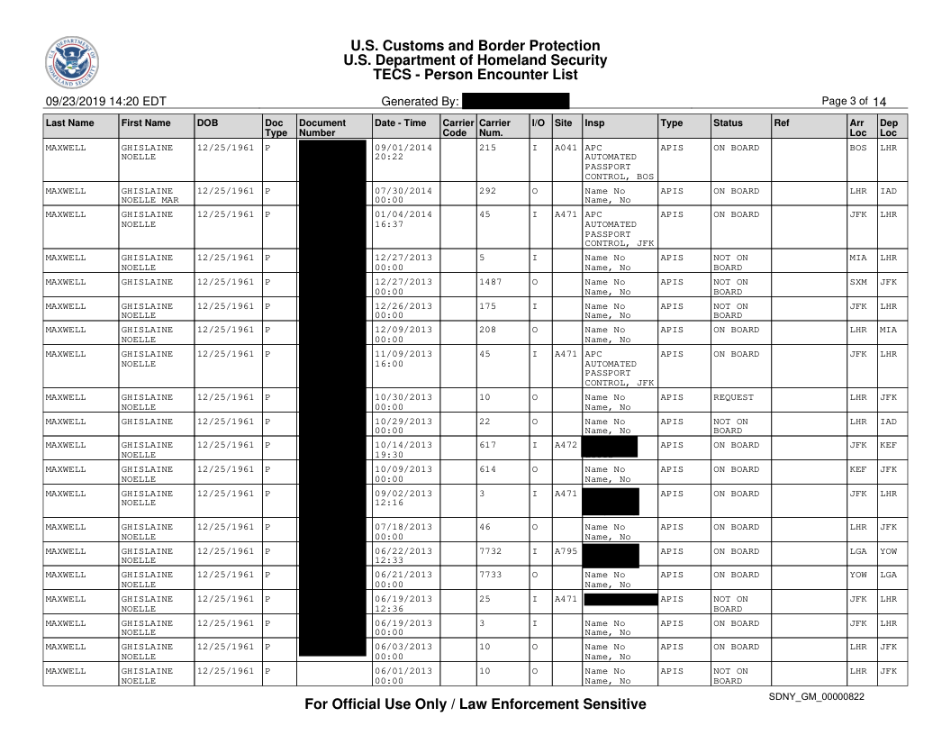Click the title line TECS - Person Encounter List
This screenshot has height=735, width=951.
point(475,75)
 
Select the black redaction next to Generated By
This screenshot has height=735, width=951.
point(515,101)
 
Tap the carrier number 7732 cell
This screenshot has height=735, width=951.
point(494,550)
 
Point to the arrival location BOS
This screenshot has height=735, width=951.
point(858,147)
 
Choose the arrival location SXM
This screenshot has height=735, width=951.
point(858,283)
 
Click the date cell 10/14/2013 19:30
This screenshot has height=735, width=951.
point(403,449)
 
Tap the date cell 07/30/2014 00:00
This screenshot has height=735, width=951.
point(403,195)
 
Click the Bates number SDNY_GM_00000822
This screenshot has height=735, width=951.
point(816,698)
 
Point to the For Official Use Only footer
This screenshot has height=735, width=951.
point(475,703)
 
